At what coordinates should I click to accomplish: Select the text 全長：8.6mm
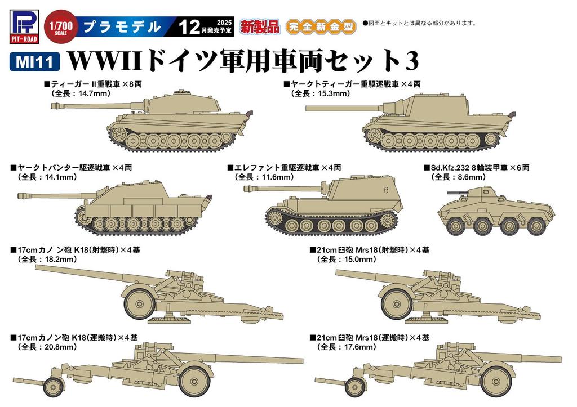click(x=458, y=177)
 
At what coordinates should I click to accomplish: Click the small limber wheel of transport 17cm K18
click(x=54, y=387)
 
